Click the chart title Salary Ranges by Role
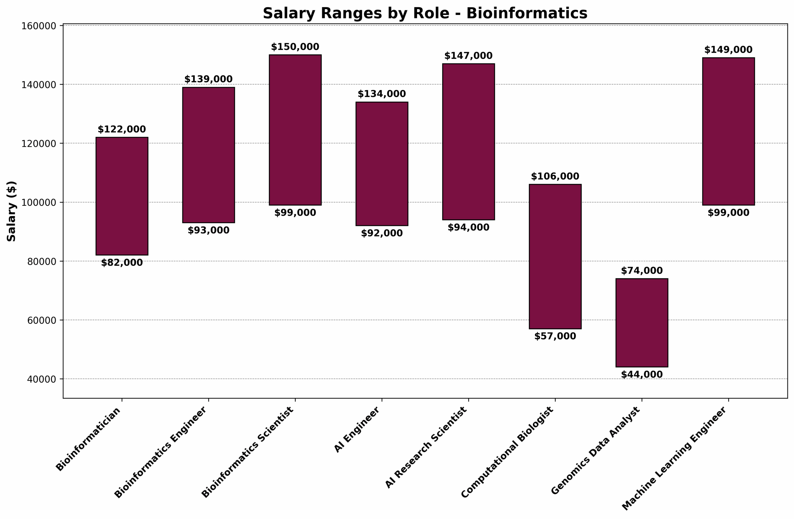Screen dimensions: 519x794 click(x=425, y=14)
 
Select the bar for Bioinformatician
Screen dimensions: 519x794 click(x=122, y=196)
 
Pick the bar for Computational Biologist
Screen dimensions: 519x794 click(x=555, y=256)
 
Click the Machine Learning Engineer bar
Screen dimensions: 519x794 click(x=728, y=131)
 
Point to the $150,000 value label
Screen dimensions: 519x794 click(x=295, y=47)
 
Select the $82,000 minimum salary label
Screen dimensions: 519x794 click(x=122, y=263)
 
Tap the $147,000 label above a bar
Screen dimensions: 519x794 click(x=468, y=56)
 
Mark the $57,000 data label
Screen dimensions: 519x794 click(x=555, y=336)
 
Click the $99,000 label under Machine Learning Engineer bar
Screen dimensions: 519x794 click(x=728, y=213)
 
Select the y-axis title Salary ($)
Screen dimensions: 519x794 click(x=12, y=211)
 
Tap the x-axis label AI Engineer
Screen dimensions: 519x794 click(x=357, y=430)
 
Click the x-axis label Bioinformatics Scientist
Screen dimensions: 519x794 click(x=248, y=452)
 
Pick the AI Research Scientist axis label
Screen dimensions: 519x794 click(x=426, y=448)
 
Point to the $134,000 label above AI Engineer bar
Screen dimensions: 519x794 click(x=382, y=94)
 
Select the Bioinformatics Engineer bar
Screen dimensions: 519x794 click(x=208, y=155)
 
